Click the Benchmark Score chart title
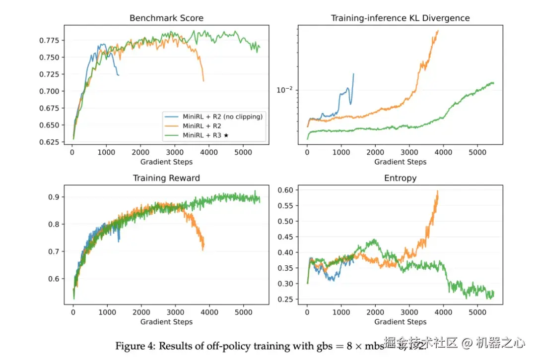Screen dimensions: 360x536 166,18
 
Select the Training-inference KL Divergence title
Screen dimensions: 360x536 400,18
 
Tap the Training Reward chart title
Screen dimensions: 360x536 166,178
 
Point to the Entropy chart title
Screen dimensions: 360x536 400,178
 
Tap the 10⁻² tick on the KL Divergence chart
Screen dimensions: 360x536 285,90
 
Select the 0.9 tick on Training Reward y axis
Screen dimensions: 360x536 54,197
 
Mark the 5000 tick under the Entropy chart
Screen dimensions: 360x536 476,313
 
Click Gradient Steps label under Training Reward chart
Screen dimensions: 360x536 166,322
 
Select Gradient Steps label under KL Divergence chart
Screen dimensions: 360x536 400,162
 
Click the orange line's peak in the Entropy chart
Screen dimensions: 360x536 437,191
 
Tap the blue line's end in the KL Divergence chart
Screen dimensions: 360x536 353,74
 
